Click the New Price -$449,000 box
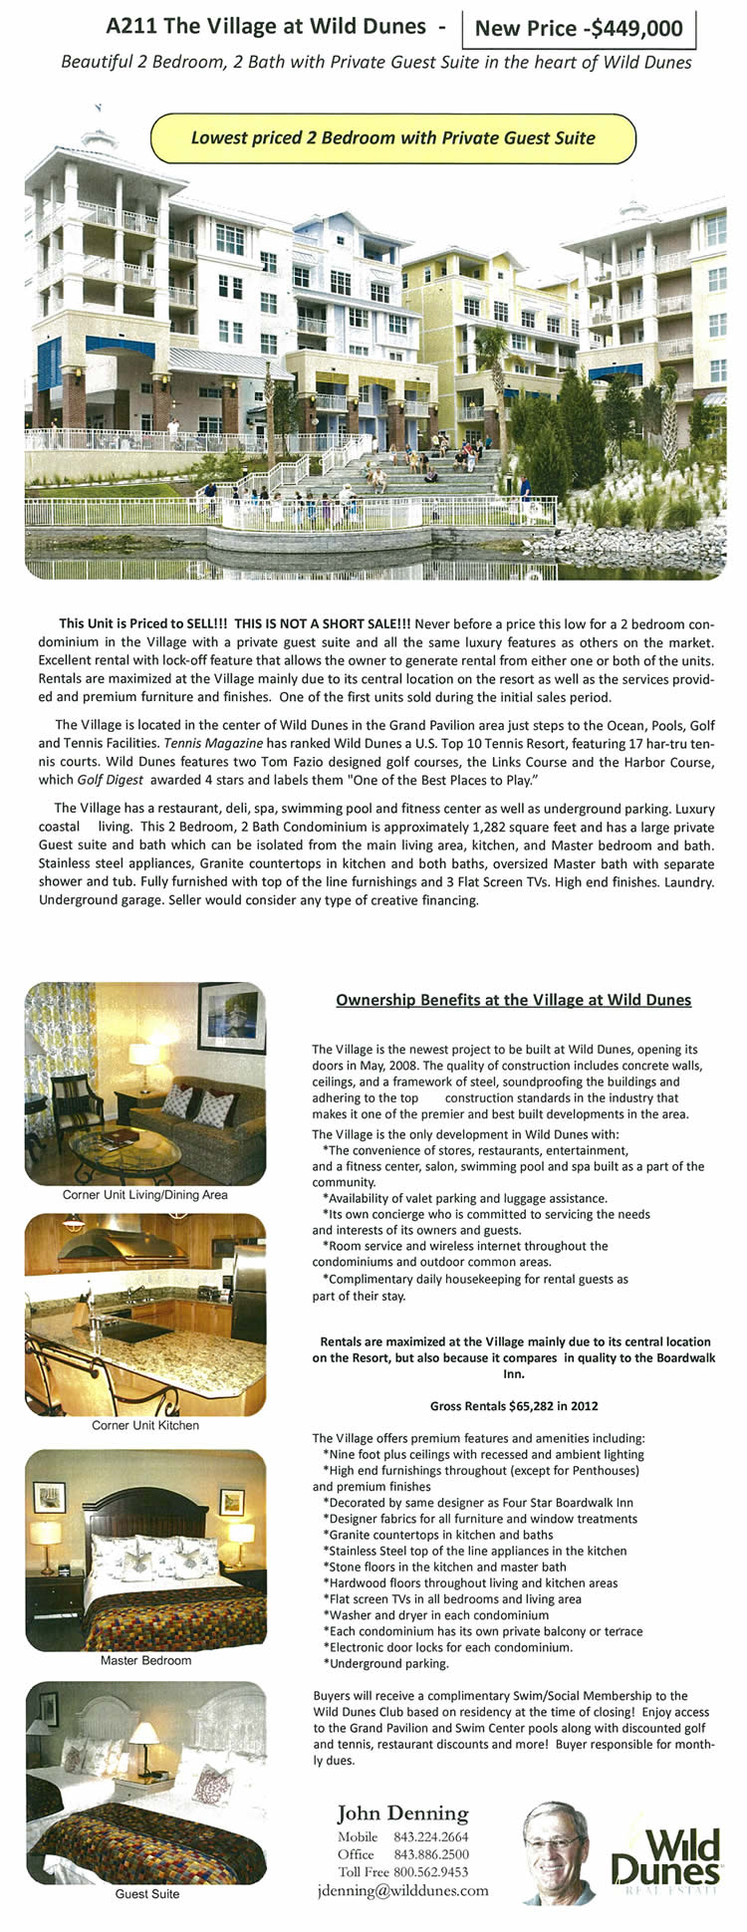tap(579, 28)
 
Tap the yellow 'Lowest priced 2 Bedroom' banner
tap(392, 138)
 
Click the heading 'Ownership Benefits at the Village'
tap(513, 1000)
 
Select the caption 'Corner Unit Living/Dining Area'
tap(145, 1194)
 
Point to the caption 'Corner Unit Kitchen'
tap(145, 1425)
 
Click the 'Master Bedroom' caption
tap(145, 1660)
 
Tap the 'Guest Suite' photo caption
tap(146, 1893)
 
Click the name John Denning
tap(402, 1813)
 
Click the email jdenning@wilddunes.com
tap(402, 1890)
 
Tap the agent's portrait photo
tap(558, 1851)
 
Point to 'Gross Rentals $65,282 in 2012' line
tap(514, 1406)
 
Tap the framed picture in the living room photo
tap(231, 1017)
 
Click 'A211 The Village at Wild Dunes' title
tap(266, 27)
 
